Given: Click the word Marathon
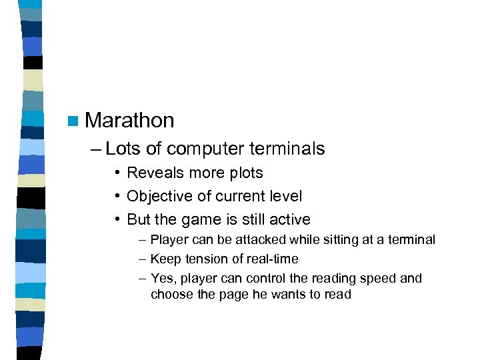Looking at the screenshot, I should (129, 121).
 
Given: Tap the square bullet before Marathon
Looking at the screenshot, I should (73, 121).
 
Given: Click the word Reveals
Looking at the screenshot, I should (153, 173).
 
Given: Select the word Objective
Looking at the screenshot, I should (157, 197).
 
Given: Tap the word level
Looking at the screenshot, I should (285, 197).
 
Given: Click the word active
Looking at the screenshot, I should (291, 219).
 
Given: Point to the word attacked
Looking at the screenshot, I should (255, 240).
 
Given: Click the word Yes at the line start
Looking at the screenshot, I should (162, 279).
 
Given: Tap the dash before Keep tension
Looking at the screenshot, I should (143, 259).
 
